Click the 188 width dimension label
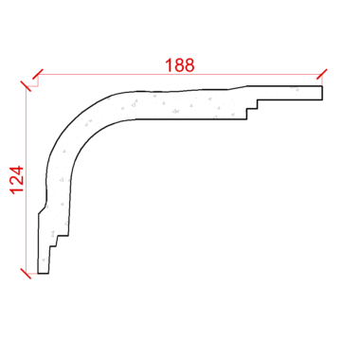click(x=180, y=65)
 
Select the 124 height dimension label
click(x=17, y=180)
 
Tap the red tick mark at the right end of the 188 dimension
click(x=322, y=74)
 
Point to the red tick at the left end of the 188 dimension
click(x=38, y=75)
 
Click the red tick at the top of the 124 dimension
click(x=27, y=86)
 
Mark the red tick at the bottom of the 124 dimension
click(x=26, y=274)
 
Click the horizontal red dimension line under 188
click(x=180, y=75)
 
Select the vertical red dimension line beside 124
click(x=27, y=180)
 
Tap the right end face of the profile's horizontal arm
click(x=322, y=93)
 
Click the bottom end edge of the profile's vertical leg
click(x=44, y=274)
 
